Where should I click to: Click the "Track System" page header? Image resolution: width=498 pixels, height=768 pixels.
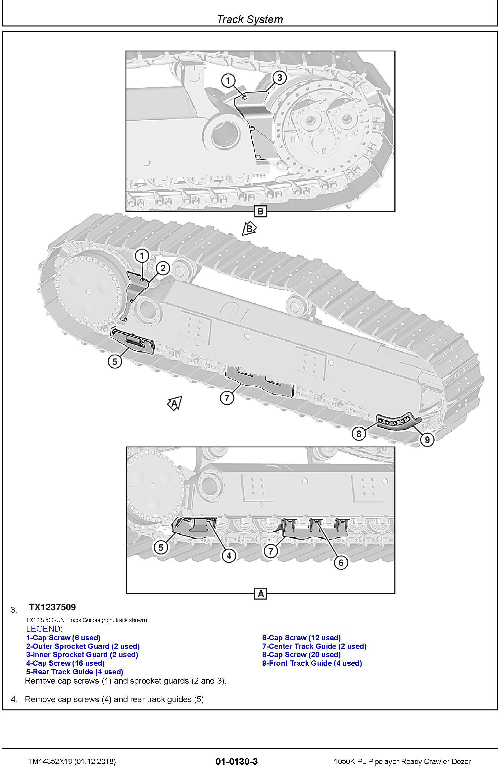click(x=250, y=19)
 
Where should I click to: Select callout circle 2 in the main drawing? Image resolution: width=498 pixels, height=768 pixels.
click(x=163, y=268)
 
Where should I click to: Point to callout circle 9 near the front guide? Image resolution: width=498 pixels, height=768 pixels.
click(x=427, y=440)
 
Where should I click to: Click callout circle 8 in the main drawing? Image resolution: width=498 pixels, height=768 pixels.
click(x=359, y=434)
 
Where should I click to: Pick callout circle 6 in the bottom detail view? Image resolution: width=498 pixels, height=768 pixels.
click(x=341, y=562)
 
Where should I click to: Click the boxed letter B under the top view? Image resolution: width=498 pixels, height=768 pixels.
click(x=261, y=212)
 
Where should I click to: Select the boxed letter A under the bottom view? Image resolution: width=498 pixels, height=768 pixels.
click(x=261, y=594)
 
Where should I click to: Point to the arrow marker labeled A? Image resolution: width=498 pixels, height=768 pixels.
click(x=175, y=404)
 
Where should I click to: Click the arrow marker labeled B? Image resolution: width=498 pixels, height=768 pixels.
click(x=249, y=229)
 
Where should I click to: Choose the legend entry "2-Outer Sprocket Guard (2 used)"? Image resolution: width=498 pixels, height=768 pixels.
click(x=83, y=646)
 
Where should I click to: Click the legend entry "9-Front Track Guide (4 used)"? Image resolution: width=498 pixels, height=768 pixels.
click(x=312, y=663)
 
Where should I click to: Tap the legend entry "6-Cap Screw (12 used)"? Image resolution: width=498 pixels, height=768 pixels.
click(x=301, y=638)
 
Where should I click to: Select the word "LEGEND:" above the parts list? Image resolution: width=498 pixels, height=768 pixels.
click(x=44, y=629)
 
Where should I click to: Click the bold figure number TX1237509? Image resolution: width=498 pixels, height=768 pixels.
click(x=52, y=607)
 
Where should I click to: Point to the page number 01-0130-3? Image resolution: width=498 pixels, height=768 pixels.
click(x=236, y=759)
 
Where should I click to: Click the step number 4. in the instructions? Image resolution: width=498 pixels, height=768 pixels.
click(x=14, y=699)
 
